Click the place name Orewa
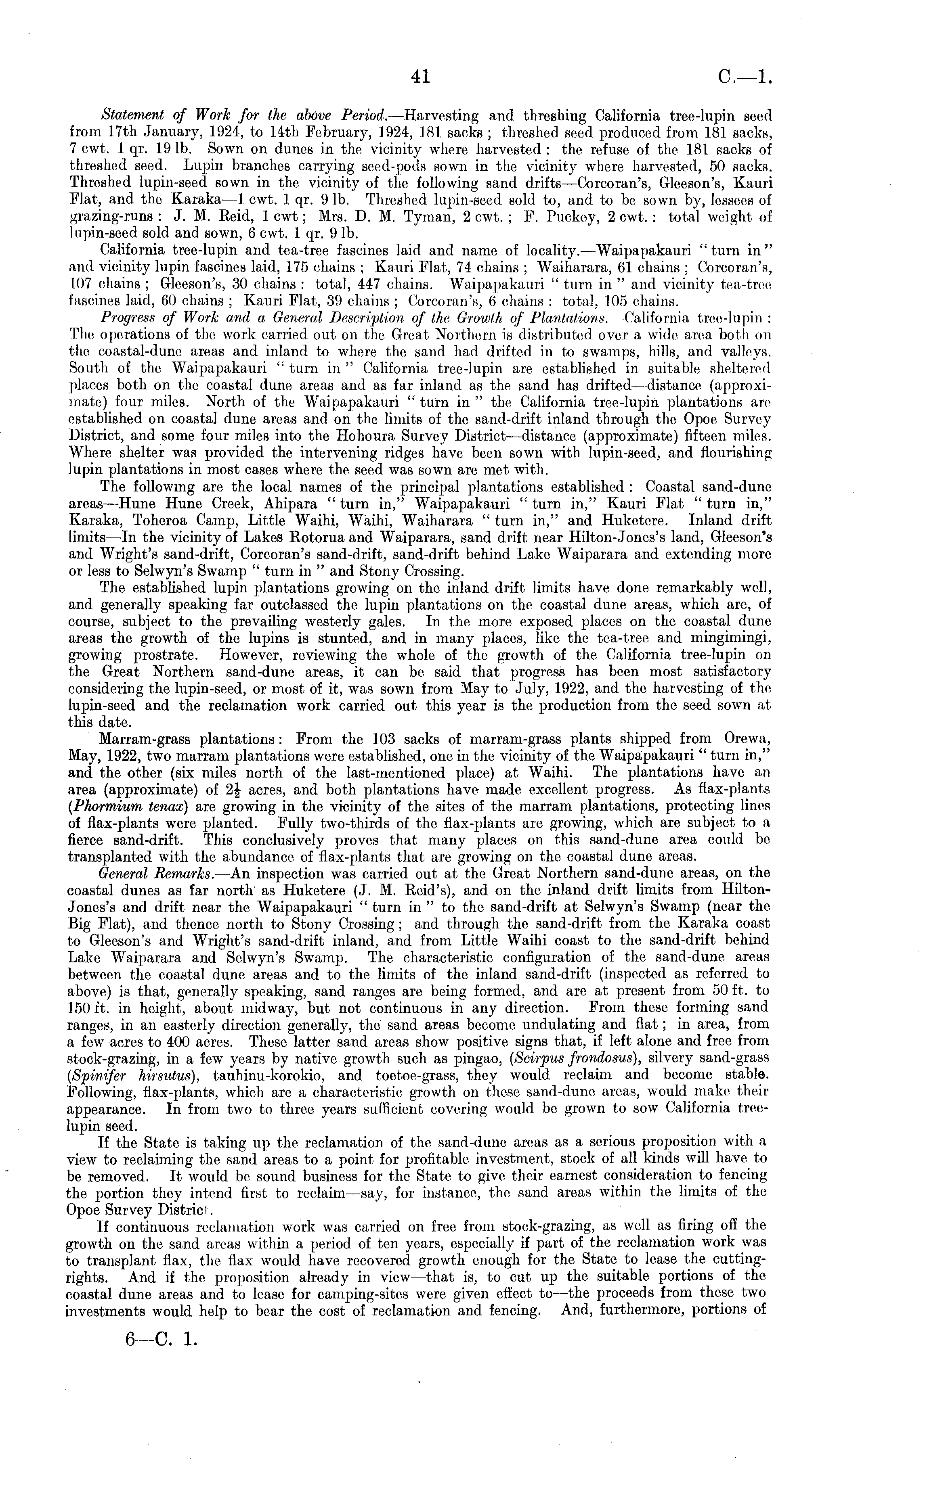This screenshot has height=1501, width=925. [748, 739]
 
